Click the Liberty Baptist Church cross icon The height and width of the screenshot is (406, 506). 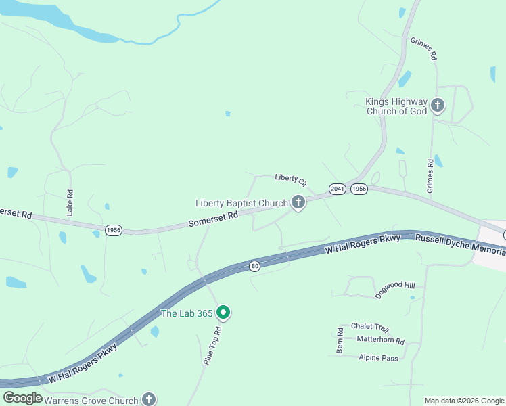298,202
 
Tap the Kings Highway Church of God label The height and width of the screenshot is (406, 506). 396,106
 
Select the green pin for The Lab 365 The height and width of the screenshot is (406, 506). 224,313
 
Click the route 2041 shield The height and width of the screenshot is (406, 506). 337,189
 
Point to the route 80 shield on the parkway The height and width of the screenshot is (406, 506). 254,266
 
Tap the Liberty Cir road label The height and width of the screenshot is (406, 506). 291,180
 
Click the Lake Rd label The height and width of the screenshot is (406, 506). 70,202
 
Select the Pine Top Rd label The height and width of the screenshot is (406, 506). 214,346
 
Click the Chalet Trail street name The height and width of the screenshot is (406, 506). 370,327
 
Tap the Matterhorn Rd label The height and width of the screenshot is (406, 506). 380,341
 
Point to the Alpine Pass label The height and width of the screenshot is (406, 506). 379,358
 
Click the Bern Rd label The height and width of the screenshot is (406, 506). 340,342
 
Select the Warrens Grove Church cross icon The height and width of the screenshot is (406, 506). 149,400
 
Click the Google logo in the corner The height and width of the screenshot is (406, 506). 22,399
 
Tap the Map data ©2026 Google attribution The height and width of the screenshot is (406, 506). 464,401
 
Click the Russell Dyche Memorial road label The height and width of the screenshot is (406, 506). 460,244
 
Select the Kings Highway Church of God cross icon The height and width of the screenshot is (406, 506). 438,105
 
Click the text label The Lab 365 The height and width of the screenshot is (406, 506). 186,313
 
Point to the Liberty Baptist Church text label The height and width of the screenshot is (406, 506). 241,203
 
